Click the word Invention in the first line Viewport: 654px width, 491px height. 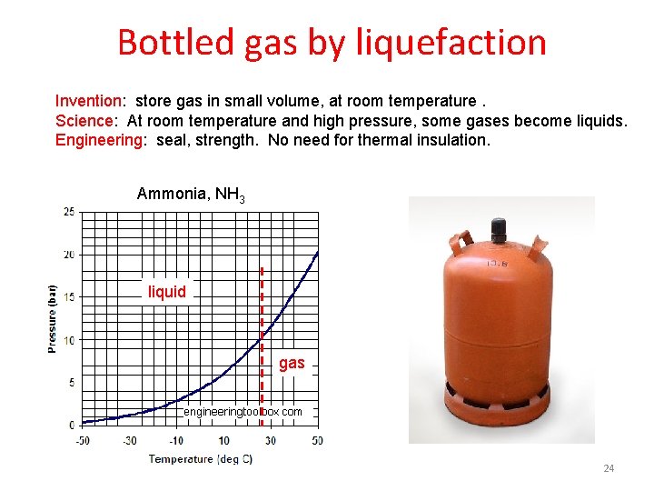pos(88,101)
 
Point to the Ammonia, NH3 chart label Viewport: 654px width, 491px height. pos(191,194)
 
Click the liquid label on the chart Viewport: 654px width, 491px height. pos(167,292)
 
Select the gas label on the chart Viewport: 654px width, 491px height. pos(292,364)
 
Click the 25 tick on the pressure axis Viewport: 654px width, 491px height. pos(69,212)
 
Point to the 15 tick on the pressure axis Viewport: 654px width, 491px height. pos(69,297)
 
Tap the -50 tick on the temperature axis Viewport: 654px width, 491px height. pos(83,441)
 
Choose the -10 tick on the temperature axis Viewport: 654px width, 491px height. pos(176,441)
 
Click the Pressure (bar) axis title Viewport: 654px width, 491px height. pos(53,318)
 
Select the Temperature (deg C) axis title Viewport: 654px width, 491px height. pos(194,459)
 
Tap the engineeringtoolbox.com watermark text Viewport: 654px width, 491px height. pos(243,412)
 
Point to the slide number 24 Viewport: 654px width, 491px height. pos(609,468)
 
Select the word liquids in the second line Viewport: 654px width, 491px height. pos(601,121)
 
